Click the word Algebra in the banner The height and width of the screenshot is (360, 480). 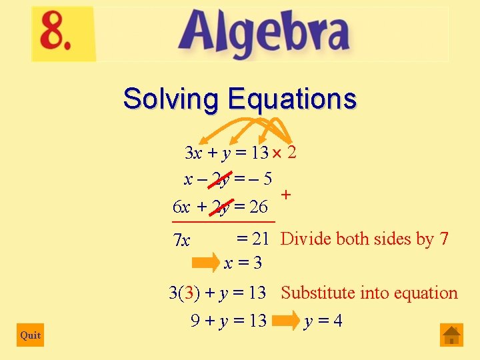pos(263,35)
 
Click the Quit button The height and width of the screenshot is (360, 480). pos(30,335)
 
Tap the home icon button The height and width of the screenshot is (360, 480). pos(451,335)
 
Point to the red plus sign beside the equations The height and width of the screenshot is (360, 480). pos(286,195)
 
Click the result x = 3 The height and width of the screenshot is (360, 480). pos(243,263)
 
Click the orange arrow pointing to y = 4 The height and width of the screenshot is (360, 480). pos(285,321)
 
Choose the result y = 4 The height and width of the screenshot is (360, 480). pos(323,321)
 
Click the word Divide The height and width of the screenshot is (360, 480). pos(304,239)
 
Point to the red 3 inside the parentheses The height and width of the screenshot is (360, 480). pos(191,293)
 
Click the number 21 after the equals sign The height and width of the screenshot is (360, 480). pos(259,238)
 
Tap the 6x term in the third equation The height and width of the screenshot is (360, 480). pos(181,207)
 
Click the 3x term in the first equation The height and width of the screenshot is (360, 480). pos(193,153)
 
